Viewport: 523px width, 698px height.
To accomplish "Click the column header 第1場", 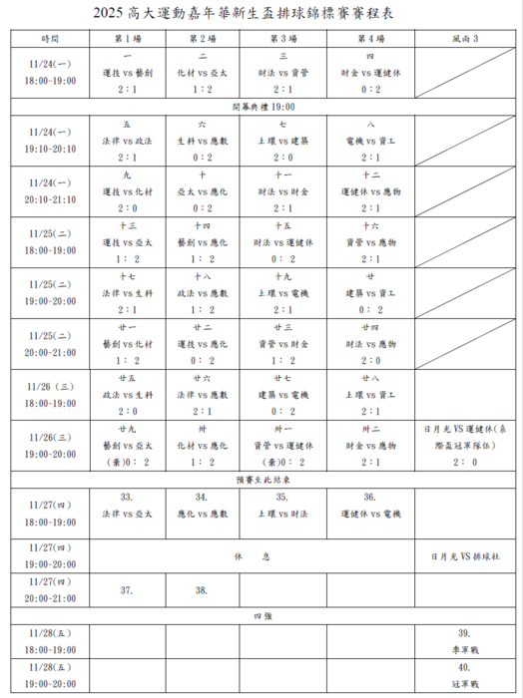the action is tap(128, 37).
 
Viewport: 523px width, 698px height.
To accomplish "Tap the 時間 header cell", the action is tap(50, 37).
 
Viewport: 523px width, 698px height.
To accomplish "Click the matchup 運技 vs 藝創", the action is tap(128, 73).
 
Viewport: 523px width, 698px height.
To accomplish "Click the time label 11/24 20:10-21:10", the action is tap(50, 190).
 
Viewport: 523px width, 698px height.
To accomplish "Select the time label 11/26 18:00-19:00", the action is tap(50, 395).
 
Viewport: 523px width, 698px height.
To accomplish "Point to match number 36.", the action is tap(369, 497).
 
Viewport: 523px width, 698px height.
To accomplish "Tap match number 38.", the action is tap(201, 590).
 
